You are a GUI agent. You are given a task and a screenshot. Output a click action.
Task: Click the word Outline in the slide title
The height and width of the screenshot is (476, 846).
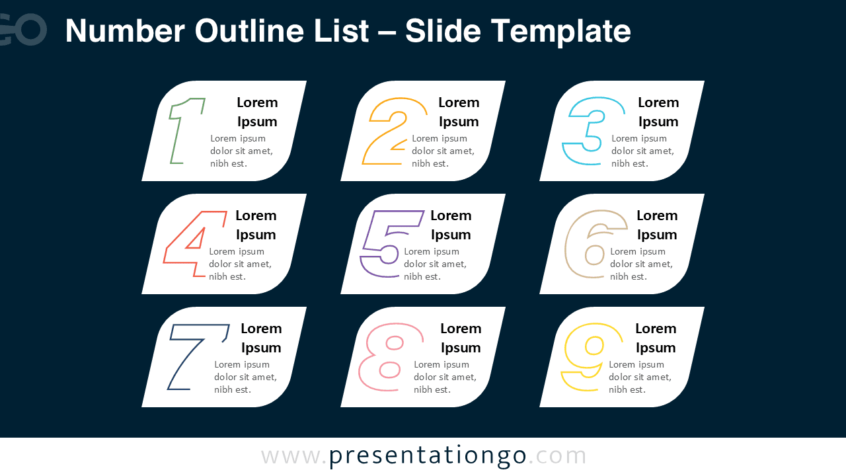point(282,30)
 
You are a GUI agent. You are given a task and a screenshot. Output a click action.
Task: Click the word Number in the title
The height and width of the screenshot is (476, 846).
point(124,30)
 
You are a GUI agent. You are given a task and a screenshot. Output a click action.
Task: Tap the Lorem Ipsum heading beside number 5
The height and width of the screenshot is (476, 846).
point(451,225)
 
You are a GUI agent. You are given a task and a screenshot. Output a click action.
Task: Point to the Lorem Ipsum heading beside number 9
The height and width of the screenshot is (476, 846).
point(656,338)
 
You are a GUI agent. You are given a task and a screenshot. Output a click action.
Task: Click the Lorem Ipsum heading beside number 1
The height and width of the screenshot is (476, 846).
point(257,112)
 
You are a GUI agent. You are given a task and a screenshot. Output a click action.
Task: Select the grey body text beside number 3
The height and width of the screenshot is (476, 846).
point(642,151)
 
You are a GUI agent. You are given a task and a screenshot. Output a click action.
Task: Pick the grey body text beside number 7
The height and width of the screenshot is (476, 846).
point(245,377)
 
